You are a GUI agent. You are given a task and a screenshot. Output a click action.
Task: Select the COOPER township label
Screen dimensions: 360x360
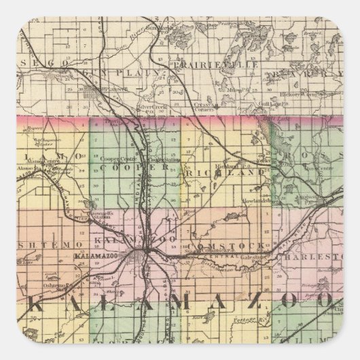click(119, 166)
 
